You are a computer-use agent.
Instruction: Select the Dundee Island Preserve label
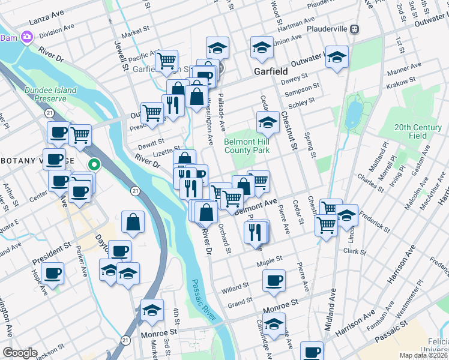point(50,94)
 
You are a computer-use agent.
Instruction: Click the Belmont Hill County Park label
point(247,146)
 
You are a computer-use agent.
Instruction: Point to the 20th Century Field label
point(418,131)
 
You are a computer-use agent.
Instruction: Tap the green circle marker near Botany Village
point(94,163)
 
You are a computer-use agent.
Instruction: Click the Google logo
point(20,353)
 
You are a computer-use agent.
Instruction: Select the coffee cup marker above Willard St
point(274,280)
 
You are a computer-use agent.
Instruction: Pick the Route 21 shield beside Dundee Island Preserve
point(49,112)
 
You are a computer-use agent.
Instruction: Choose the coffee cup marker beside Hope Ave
point(53,273)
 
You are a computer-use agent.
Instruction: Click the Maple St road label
point(270,260)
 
